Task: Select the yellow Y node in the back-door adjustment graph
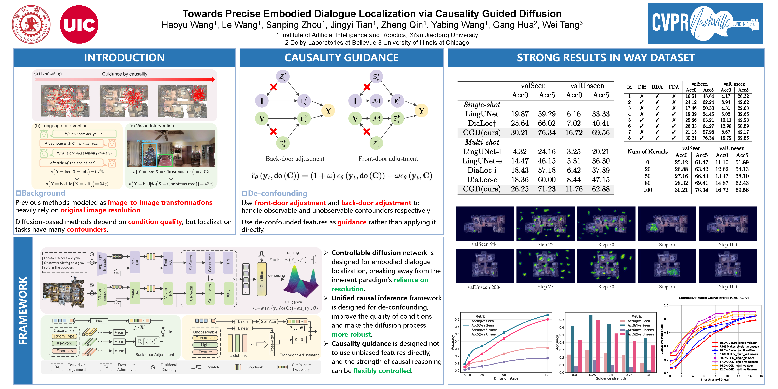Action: (x=328, y=111)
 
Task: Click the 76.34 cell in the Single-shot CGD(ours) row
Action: (x=547, y=133)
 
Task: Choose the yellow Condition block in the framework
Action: (x=262, y=279)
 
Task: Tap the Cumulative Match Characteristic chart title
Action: (x=714, y=298)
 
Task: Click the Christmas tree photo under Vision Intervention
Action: (x=171, y=149)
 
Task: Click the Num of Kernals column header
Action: (x=647, y=152)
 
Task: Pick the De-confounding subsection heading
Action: (x=277, y=193)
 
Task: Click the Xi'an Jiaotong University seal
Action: (x=31, y=24)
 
